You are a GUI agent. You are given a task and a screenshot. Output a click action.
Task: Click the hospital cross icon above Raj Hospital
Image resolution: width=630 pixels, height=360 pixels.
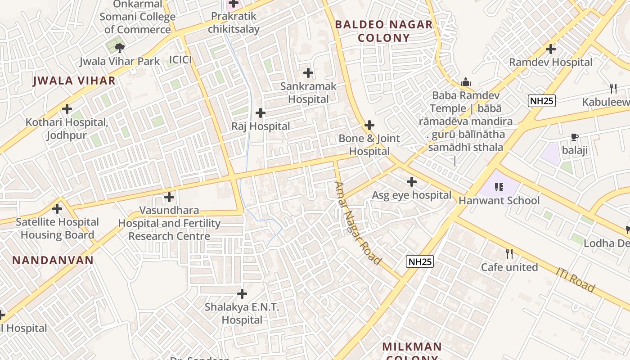(260, 113)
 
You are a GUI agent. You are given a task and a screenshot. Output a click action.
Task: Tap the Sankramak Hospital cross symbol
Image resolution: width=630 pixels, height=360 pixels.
(308, 72)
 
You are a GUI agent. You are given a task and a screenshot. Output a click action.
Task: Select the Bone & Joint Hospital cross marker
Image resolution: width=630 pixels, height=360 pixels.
(369, 125)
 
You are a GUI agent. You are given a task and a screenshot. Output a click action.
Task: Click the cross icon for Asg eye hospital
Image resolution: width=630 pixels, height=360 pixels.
(412, 182)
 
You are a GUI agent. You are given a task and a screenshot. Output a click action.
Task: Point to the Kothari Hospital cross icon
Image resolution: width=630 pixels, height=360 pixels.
(67, 109)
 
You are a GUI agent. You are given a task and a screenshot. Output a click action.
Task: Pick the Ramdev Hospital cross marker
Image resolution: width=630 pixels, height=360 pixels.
(551, 49)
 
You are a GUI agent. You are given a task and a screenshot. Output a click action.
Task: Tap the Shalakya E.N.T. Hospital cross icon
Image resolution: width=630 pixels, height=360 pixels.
(242, 294)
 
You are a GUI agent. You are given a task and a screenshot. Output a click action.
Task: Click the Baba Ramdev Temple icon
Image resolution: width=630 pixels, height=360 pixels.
(466, 82)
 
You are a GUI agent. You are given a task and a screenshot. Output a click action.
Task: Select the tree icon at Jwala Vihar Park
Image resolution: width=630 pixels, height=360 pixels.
(119, 47)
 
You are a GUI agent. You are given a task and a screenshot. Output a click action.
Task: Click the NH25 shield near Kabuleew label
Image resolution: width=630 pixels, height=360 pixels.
(542, 101)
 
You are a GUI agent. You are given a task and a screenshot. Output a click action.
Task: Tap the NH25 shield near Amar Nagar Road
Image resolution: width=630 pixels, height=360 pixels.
(420, 261)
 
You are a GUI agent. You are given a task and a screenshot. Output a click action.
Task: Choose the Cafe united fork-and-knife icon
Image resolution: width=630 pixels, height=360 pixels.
(509, 254)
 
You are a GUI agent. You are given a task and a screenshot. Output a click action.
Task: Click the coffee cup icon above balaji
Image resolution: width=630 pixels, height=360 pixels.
(575, 137)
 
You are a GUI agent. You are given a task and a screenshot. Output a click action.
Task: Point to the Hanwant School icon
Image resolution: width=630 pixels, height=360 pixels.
(499, 187)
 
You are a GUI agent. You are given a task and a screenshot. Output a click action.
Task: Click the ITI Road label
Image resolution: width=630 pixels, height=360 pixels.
(576, 279)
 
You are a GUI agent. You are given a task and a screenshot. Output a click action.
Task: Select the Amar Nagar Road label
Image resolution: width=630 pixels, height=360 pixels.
(358, 223)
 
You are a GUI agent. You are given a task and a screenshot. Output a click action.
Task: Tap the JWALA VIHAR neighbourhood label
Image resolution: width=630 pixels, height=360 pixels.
(74, 81)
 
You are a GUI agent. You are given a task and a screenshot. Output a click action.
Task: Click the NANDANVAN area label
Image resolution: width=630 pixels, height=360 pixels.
(53, 260)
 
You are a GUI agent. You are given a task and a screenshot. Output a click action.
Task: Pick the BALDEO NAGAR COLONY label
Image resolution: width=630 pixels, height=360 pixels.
(384, 31)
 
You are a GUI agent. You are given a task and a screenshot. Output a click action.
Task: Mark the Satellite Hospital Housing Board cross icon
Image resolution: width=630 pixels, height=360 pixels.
(57, 209)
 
